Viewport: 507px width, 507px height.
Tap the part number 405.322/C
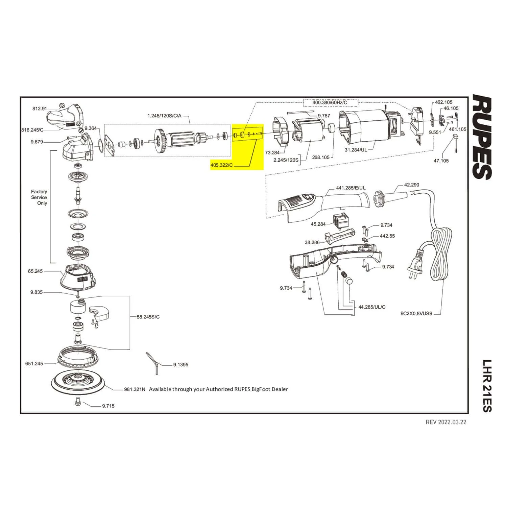[x=222, y=166]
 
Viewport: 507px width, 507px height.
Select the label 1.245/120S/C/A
[x=164, y=116]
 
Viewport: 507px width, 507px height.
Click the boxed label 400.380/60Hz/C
[x=330, y=102]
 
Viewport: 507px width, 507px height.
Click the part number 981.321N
[x=135, y=389]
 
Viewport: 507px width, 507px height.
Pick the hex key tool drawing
[x=153, y=363]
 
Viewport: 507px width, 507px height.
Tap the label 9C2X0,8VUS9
[x=416, y=313]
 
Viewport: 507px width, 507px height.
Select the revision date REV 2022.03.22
[x=446, y=422]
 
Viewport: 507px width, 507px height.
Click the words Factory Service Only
[x=39, y=197]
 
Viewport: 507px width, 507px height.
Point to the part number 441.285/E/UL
[x=351, y=188]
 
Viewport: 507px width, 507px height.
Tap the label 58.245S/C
[x=148, y=317]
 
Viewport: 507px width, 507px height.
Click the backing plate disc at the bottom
[x=79, y=382]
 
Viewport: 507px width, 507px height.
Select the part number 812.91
[x=40, y=108]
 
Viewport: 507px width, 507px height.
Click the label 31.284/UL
[x=356, y=150]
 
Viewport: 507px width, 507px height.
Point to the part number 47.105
[x=441, y=161]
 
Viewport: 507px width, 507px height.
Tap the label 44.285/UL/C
[x=372, y=307]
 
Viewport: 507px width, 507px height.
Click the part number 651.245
[x=34, y=364]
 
